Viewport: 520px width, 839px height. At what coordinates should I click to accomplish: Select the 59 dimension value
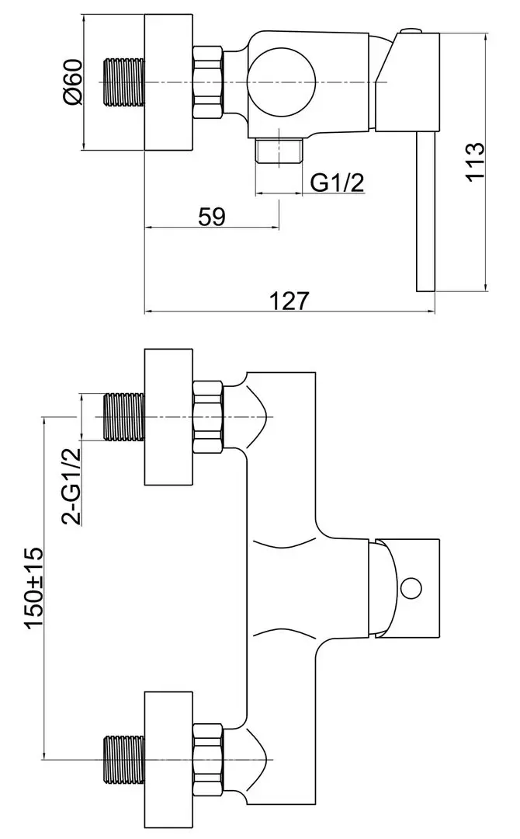pos(211,217)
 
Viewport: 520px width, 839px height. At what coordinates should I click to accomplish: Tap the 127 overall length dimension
pos(289,301)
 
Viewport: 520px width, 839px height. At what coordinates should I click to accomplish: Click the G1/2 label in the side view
pos(337,183)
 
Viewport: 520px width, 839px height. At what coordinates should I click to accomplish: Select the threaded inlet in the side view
pos(124,82)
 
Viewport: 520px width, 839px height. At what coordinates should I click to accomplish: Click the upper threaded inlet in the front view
pos(124,417)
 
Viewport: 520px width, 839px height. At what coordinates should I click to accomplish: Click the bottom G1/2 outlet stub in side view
pos(280,151)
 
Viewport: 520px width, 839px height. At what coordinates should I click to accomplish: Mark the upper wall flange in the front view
pos(168,417)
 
